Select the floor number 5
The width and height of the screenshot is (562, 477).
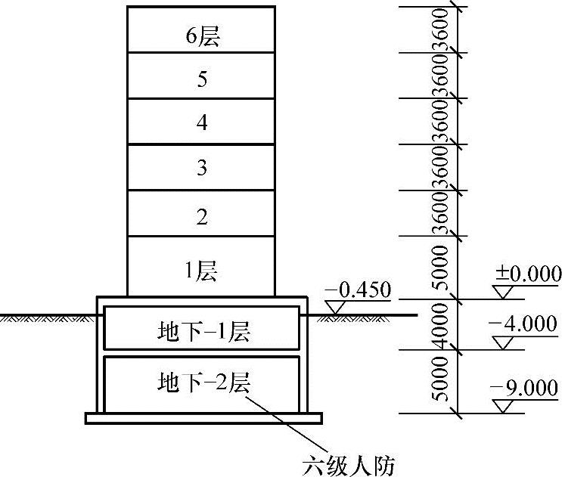202,79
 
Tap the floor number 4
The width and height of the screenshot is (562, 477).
202,123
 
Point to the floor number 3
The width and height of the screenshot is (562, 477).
202,168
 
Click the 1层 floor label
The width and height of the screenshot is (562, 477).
202,270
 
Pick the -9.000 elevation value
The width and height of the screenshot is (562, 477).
525,388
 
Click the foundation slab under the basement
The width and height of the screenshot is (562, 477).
203,417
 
